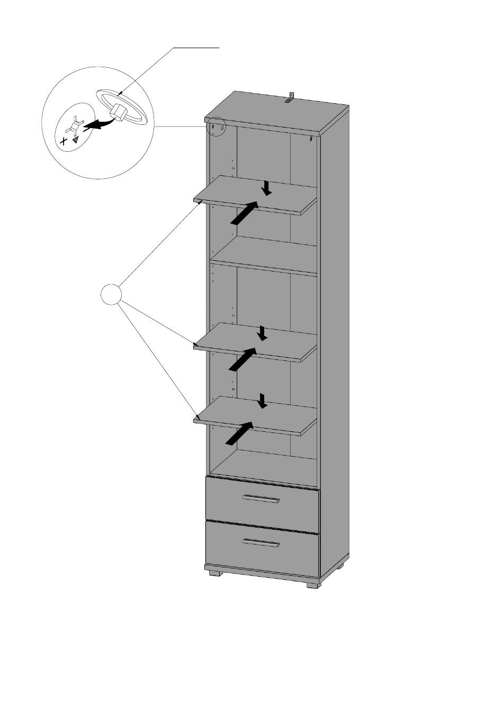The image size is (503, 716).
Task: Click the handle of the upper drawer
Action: coord(261,499)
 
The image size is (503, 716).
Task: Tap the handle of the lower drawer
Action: coord(261,542)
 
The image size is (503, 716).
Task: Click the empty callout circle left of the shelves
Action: coord(111,294)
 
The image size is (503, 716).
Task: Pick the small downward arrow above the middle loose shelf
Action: coord(262,333)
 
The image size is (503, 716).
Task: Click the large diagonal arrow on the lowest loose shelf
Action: coord(239,433)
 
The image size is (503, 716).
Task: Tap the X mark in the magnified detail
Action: coord(64,141)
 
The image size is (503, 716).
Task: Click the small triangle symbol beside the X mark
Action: coord(76,140)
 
